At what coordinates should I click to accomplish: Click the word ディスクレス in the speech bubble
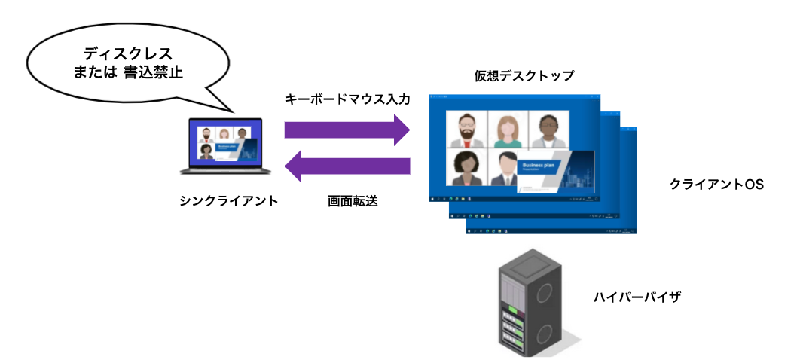pyautogui.click(x=127, y=54)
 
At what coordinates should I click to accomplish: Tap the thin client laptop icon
pyautogui.click(x=224, y=146)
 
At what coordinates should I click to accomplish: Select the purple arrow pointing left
pyautogui.click(x=348, y=166)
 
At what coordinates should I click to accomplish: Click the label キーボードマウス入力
pyautogui.click(x=347, y=99)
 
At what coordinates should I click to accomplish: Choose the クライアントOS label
pyautogui.click(x=716, y=185)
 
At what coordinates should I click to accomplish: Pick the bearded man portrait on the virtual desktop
pyautogui.click(x=466, y=130)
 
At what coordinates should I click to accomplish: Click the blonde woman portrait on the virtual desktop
pyautogui.click(x=507, y=130)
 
